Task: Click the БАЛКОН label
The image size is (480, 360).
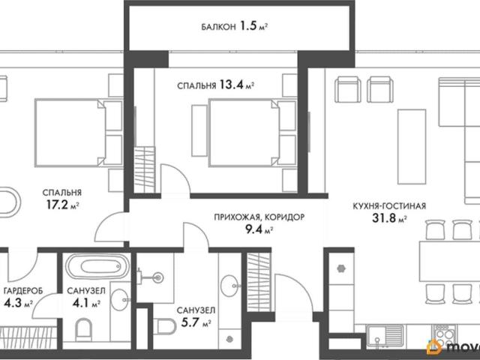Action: click(x=218, y=27)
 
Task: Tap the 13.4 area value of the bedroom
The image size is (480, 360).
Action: click(x=231, y=85)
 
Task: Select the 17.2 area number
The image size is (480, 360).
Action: click(x=57, y=205)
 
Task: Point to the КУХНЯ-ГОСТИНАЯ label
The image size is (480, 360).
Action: click(x=389, y=206)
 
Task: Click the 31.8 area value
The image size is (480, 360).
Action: click(x=383, y=218)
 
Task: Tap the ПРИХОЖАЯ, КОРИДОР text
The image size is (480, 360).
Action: click(x=259, y=217)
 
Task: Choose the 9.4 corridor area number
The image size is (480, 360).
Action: click(x=254, y=229)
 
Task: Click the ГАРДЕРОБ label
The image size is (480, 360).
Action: click(x=23, y=291)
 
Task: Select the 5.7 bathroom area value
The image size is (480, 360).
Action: click(x=190, y=322)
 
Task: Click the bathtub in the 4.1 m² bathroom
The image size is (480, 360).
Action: click(x=97, y=266)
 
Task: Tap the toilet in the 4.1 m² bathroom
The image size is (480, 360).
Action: click(x=83, y=330)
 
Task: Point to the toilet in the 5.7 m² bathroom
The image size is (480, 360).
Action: click(x=165, y=327)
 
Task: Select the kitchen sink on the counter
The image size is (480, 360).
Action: click(x=385, y=336)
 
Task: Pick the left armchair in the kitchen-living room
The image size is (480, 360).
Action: click(x=348, y=89)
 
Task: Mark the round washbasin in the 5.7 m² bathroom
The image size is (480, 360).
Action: click(x=229, y=286)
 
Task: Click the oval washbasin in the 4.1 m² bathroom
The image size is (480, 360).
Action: click(x=119, y=300)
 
